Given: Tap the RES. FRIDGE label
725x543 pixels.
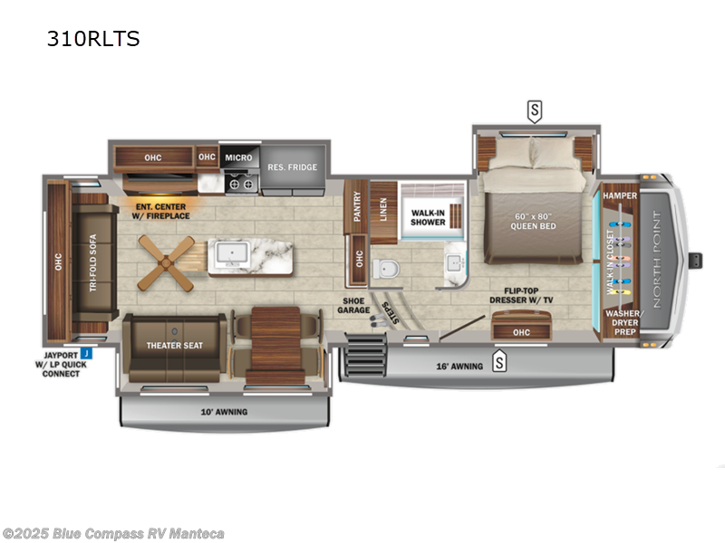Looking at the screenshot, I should tap(290, 167).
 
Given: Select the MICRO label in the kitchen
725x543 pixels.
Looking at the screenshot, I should tap(239, 157).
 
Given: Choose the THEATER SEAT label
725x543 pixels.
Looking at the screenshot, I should tap(174, 345).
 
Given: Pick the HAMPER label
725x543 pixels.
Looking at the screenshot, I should tap(625, 195).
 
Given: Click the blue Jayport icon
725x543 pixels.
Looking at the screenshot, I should tap(84, 352).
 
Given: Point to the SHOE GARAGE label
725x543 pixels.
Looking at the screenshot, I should tap(354, 307).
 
